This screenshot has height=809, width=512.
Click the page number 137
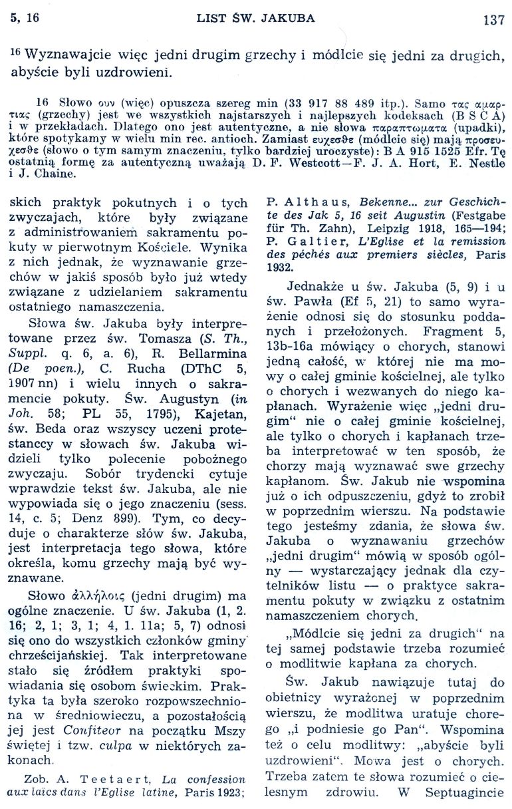pos(494,19)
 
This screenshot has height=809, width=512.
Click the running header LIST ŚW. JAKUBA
pos(255,18)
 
